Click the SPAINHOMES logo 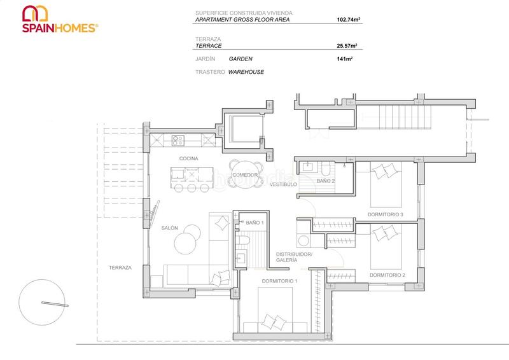pyautogui.click(x=60, y=20)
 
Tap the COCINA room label pyautogui.click(x=188, y=158)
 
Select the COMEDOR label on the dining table pyautogui.click(x=245, y=175)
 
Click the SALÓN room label pyautogui.click(x=169, y=228)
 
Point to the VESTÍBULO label pyautogui.click(x=284, y=184)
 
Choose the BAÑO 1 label pyautogui.click(x=254, y=223)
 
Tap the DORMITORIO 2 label pyautogui.click(x=387, y=275)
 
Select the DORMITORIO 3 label pyautogui.click(x=386, y=214)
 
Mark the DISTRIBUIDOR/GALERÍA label pyautogui.click(x=294, y=257)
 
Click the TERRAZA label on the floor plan pyautogui.click(x=120, y=268)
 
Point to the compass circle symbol pyautogui.click(x=43, y=303)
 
